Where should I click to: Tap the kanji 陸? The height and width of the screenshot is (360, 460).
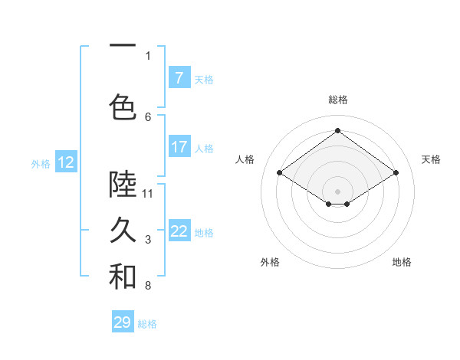click(123, 183)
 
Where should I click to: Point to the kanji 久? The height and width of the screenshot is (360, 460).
click(123, 230)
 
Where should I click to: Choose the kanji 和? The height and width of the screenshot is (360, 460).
click(123, 277)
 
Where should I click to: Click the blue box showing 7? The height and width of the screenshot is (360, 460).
click(179, 77)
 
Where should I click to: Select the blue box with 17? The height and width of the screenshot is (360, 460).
click(179, 146)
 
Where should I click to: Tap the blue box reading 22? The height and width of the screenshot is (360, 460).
click(179, 231)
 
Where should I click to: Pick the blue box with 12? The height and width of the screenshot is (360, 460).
click(66, 162)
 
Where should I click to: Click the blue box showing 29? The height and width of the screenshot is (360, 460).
click(123, 322)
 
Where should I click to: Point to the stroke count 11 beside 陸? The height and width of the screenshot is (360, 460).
click(147, 193)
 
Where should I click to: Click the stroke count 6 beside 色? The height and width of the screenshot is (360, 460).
click(148, 116)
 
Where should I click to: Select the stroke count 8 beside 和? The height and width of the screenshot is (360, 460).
click(148, 286)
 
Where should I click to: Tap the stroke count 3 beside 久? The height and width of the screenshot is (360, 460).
click(148, 240)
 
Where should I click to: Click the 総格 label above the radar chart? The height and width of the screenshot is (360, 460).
click(337, 100)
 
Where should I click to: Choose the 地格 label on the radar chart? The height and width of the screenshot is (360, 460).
click(402, 262)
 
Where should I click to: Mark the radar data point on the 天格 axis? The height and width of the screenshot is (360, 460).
click(396, 173)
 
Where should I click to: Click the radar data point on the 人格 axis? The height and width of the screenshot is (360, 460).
click(279, 173)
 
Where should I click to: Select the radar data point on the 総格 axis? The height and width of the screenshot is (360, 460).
click(337, 131)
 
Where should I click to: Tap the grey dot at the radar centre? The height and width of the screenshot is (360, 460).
click(337, 190)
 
